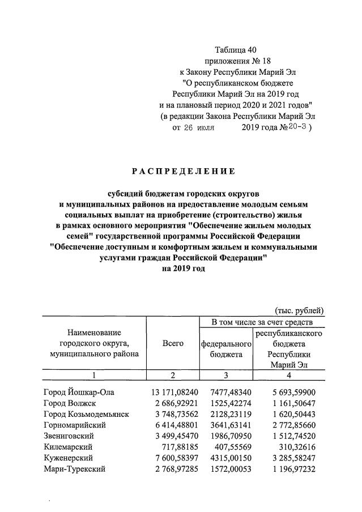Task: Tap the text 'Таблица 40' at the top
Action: [x=236, y=50]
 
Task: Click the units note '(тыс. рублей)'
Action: [x=299, y=310]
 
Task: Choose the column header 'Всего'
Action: [x=173, y=343]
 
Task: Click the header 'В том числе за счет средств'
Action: [x=262, y=322]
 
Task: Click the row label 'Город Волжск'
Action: [x=69, y=403]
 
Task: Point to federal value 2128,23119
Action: [x=227, y=413]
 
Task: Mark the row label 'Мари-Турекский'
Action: [x=74, y=468]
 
